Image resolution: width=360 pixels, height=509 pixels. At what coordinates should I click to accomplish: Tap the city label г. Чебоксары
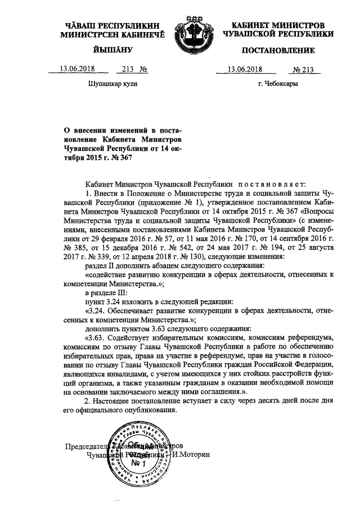coord(278,84)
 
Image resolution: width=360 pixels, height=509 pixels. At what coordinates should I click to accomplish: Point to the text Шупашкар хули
coord(109,84)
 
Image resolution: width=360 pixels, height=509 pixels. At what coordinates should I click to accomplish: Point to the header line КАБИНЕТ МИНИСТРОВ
coord(278,26)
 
